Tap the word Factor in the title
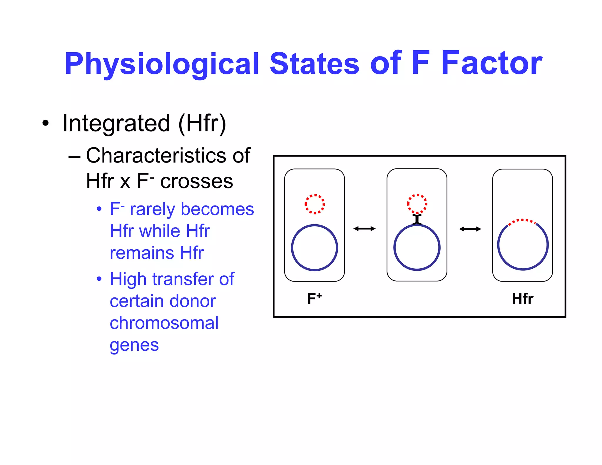pyautogui.click(x=491, y=63)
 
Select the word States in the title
pyautogui.click(x=314, y=63)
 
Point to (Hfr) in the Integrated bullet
pyautogui.click(x=202, y=123)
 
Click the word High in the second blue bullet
pyautogui.click(x=128, y=279)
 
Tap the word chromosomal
pyautogui.click(x=164, y=323)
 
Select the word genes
pyautogui.click(x=134, y=345)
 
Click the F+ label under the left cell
pyautogui.click(x=314, y=299)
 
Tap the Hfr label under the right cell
pyautogui.click(x=522, y=299)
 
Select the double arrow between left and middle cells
pyautogui.click(x=364, y=229)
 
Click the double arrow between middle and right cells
pyautogui.click(x=470, y=229)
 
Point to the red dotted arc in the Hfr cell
pyautogui.click(x=522, y=221)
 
